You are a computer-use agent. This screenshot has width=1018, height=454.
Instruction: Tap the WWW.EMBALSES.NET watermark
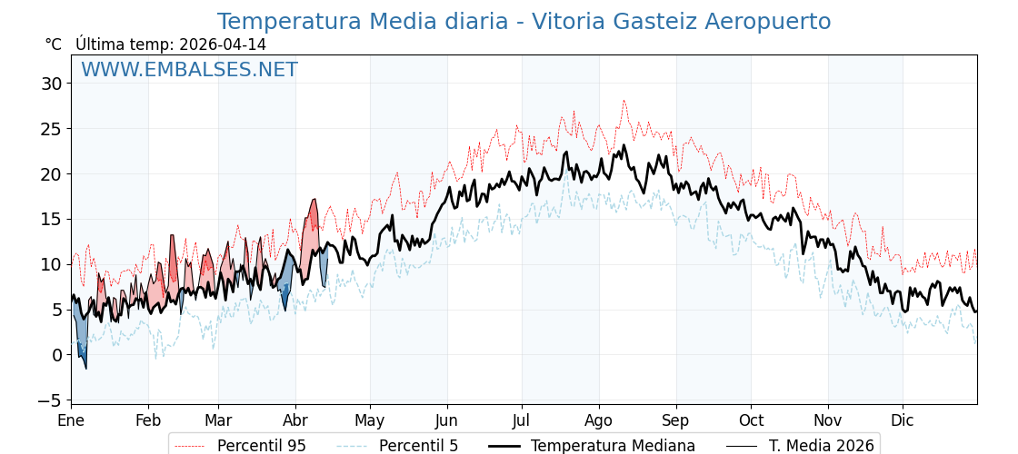189,70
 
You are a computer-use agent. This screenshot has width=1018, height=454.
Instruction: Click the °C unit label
54,44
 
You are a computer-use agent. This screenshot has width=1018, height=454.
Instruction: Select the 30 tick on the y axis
51,84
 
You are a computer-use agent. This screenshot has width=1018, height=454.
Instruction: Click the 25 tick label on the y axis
51,129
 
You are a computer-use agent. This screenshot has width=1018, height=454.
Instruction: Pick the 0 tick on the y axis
56,355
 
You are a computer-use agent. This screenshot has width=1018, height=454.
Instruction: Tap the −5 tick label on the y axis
51,400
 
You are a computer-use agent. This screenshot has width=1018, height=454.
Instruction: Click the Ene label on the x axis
71,420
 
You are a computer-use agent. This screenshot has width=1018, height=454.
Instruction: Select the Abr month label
295,420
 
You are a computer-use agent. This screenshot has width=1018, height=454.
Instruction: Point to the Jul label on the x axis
522,420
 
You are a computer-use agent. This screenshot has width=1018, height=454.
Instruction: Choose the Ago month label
599,420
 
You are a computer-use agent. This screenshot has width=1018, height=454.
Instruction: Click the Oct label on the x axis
751,420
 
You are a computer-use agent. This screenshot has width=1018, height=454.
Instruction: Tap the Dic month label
903,420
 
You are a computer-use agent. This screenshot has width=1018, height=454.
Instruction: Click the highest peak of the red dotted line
624,100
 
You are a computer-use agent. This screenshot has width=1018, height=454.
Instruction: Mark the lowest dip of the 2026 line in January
86,368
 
